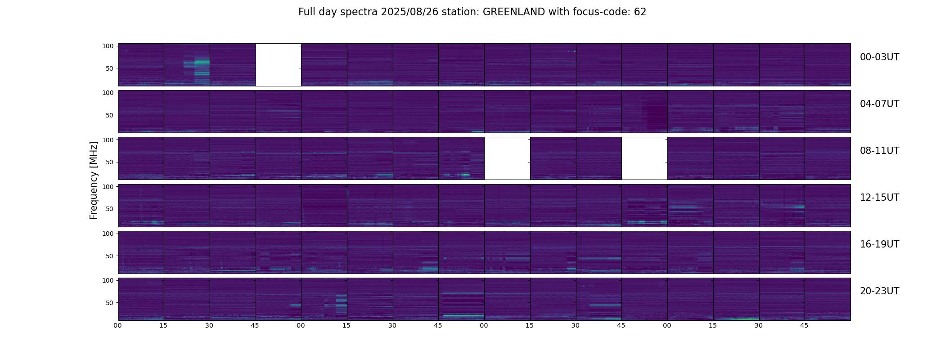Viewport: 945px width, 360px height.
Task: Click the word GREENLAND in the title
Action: (x=513, y=12)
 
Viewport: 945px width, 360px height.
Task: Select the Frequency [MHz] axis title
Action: (x=94, y=180)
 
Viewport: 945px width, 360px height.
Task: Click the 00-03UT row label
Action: (x=879, y=57)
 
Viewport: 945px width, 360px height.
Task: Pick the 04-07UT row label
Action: (x=879, y=104)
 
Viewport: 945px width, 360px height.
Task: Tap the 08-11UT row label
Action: (x=879, y=151)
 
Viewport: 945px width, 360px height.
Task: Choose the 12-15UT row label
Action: (x=879, y=198)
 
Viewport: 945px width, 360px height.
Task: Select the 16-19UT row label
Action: (x=879, y=244)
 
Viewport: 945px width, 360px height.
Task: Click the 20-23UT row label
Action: (x=879, y=291)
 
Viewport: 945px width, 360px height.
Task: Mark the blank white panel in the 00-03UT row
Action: (x=278, y=64)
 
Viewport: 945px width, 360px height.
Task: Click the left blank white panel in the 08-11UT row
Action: (x=507, y=158)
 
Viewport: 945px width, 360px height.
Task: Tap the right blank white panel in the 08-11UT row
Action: (x=644, y=158)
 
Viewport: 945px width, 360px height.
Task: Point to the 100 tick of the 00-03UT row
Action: (x=108, y=46)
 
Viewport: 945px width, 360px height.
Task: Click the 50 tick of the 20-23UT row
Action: (x=109, y=303)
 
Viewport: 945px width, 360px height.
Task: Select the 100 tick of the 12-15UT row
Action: (x=108, y=186)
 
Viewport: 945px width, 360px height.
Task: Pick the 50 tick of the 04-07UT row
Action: (x=109, y=115)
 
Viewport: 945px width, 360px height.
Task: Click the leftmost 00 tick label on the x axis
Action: (x=117, y=325)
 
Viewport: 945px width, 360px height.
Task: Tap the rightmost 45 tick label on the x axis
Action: (x=804, y=325)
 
